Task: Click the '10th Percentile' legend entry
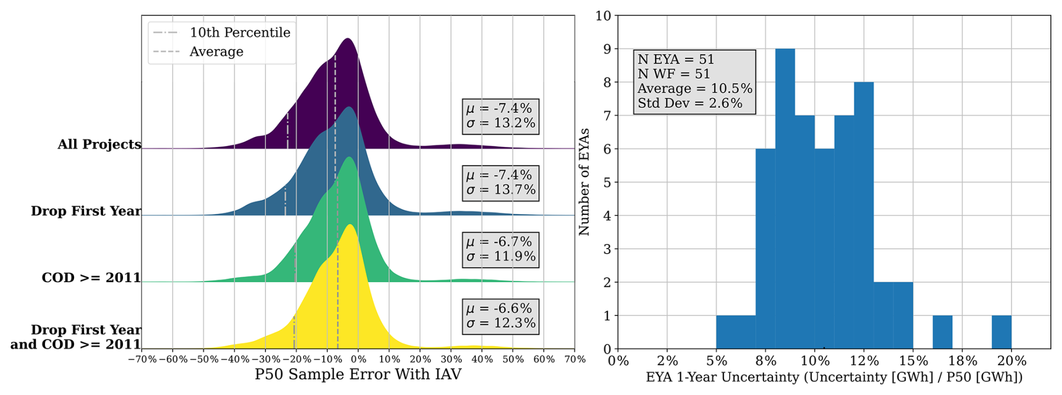pyautogui.click(x=240, y=33)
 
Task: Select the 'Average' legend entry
pyautogui.click(x=216, y=52)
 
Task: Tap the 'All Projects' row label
pyautogui.click(x=99, y=144)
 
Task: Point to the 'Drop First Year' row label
pyautogui.click(x=86, y=211)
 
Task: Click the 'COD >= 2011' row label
pyautogui.click(x=91, y=278)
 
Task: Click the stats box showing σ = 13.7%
pyautogui.click(x=501, y=183)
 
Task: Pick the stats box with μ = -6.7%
pyautogui.click(x=501, y=249)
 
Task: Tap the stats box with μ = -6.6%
pyautogui.click(x=501, y=316)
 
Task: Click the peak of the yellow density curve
pyautogui.click(x=350, y=226)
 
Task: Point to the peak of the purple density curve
pyautogui.click(x=348, y=39)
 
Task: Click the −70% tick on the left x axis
pyautogui.click(x=143, y=359)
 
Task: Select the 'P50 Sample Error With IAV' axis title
pyautogui.click(x=358, y=374)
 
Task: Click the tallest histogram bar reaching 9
pyautogui.click(x=785, y=196)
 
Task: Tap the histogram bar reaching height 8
pyautogui.click(x=863, y=213)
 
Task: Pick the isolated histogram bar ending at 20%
pyautogui.click(x=1001, y=332)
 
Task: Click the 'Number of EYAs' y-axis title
pyautogui.click(x=584, y=182)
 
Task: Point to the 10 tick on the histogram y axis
pyautogui.click(x=603, y=16)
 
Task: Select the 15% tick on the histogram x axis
pyautogui.click(x=913, y=361)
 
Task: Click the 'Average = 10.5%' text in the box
pyautogui.click(x=694, y=89)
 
